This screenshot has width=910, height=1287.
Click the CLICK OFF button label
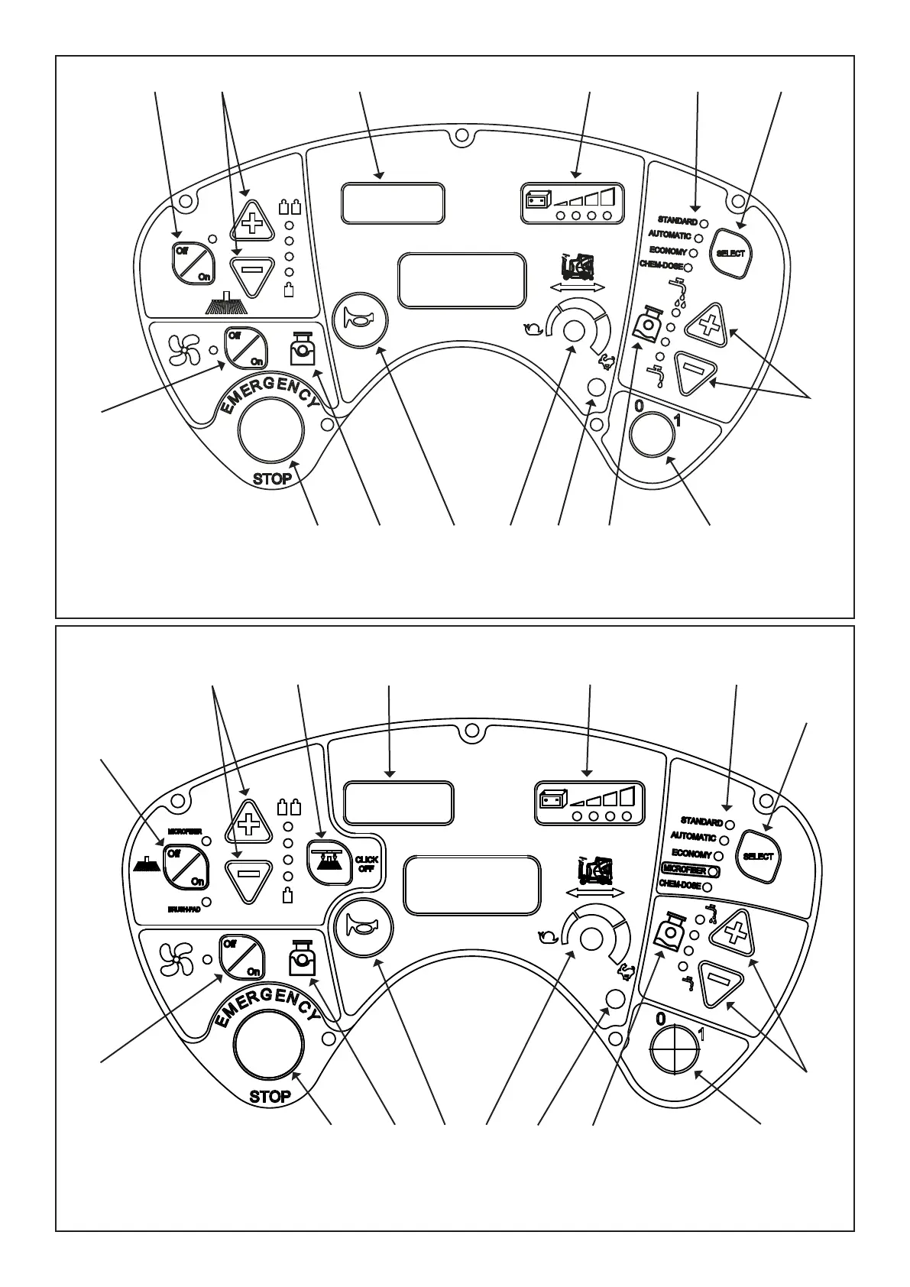click(x=366, y=864)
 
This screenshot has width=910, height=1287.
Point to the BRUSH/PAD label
click(x=184, y=909)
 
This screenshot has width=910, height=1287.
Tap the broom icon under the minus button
click(x=226, y=305)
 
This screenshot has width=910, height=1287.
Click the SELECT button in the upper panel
click(x=730, y=253)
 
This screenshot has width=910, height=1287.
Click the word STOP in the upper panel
click(x=271, y=479)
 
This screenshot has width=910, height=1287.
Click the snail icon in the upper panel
click(x=533, y=330)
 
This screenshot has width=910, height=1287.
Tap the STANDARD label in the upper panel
click(x=677, y=221)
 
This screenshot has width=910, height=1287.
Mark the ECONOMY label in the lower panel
click(x=691, y=854)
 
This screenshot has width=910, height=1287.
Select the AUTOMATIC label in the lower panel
click(x=692, y=838)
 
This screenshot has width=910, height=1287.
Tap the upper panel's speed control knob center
click(x=574, y=330)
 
